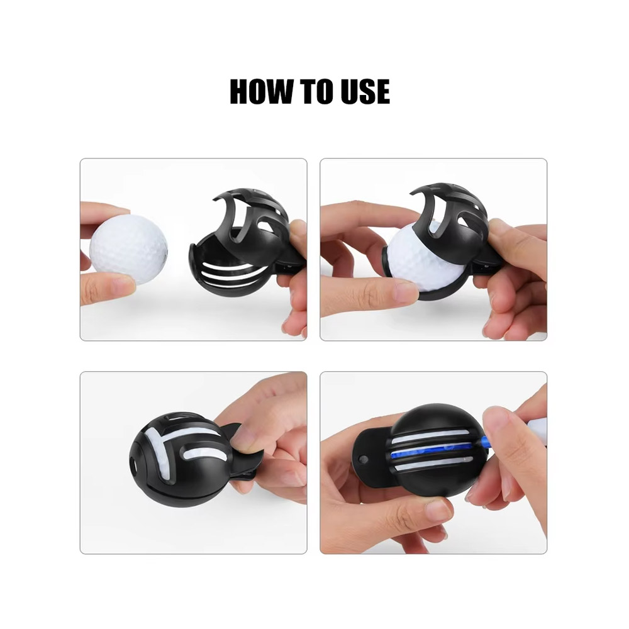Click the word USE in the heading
click(x=365, y=91)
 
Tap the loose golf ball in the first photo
click(x=128, y=248)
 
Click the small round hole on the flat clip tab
click(x=364, y=460)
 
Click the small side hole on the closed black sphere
click(x=133, y=465)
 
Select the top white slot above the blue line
click(x=430, y=436)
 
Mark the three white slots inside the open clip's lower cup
click(x=232, y=273)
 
